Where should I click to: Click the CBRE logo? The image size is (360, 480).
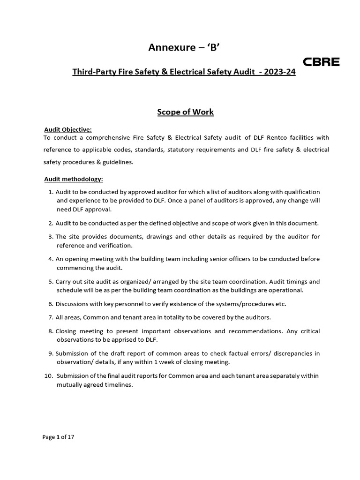pyautogui.click(x=321, y=62)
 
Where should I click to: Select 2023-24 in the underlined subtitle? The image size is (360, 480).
pyautogui.click(x=280, y=72)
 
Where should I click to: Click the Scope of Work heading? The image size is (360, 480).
pyautogui.click(x=186, y=112)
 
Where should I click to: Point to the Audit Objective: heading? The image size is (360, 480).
pyautogui.click(x=67, y=129)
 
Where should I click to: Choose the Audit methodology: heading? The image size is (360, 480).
pyautogui.click(x=74, y=179)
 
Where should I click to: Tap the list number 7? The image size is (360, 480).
pyautogui.click(x=51, y=317)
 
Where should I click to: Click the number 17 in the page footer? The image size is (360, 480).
pyautogui.click(x=70, y=437)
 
